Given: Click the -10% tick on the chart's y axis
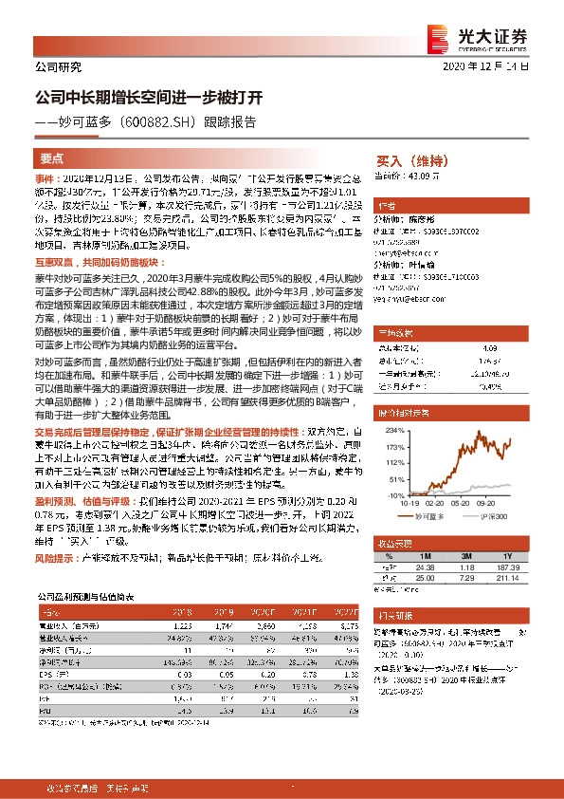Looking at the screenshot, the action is pos(389,496).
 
